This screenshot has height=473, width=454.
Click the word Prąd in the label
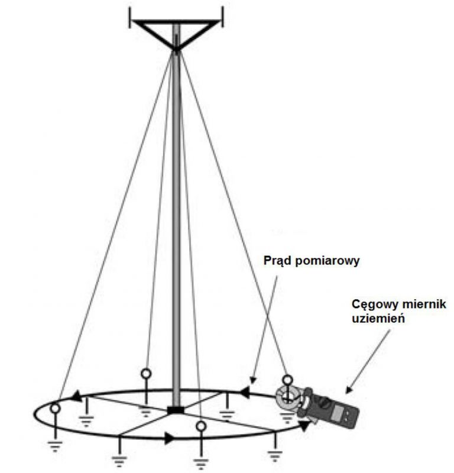pyautogui.click(x=277, y=261)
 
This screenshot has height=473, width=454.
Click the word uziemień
pyautogui.click(x=378, y=319)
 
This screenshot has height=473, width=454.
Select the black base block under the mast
pyautogui.click(x=175, y=410)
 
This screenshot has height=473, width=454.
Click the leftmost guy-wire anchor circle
pyautogui.click(x=55, y=409)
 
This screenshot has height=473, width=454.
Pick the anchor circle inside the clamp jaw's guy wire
pyautogui.click(x=287, y=380)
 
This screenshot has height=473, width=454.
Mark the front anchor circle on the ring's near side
pyautogui.click(x=201, y=426)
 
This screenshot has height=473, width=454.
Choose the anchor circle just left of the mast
pyautogui.click(x=146, y=374)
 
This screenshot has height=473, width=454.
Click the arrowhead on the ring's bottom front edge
pyautogui.click(x=169, y=438)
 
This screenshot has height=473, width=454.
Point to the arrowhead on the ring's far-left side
pyautogui.click(x=77, y=396)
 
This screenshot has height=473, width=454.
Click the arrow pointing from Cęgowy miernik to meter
pyautogui.click(x=368, y=361)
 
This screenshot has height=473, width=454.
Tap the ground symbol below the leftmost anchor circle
pyautogui.click(x=55, y=446)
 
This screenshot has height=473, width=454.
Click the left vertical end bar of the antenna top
pyautogui.click(x=130, y=18)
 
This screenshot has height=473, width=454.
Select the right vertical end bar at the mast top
pyautogui.click(x=223, y=17)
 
